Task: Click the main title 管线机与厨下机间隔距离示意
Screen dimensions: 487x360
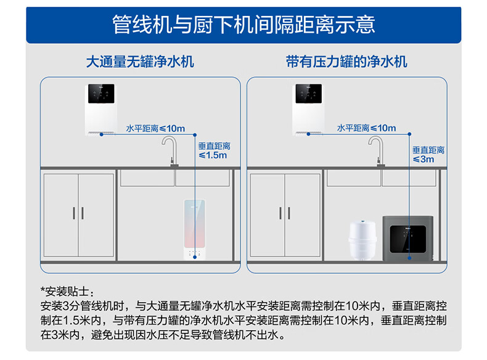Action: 243,25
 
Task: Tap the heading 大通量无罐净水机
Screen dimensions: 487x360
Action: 140,62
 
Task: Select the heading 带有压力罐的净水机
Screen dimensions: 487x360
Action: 346,62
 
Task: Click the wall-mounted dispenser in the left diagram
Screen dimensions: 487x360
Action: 102,107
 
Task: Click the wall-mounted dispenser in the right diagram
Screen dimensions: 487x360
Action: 309,107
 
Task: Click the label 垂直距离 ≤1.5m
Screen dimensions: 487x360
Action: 213,150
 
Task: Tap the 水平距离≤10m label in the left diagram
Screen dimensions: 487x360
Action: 155,128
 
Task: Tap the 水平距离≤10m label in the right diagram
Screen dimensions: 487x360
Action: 366,128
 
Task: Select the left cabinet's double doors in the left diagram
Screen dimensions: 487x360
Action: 78,215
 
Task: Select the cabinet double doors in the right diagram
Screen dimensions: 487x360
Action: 285,215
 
